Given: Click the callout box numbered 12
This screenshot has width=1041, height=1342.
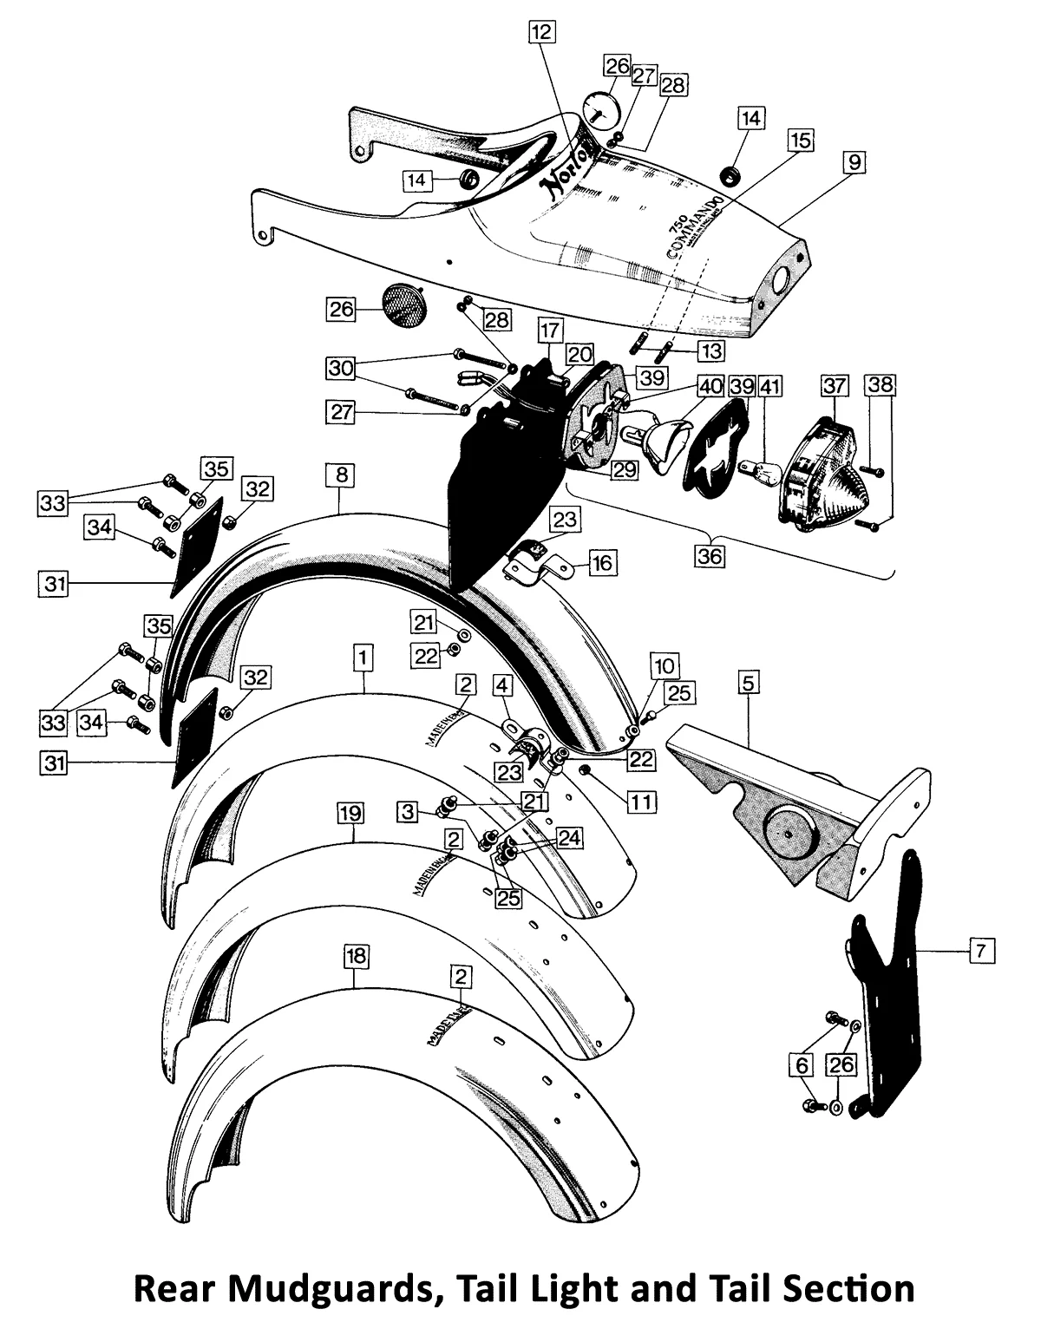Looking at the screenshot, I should click(541, 33).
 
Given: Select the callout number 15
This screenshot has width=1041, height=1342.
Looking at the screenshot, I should click(800, 141).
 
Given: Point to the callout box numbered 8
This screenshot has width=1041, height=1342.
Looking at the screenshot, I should click(340, 475).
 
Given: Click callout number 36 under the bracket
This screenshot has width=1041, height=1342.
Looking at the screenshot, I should click(709, 556).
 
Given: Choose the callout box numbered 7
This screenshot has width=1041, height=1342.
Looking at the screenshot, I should click(981, 952).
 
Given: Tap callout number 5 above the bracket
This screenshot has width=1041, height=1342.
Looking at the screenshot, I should click(749, 683).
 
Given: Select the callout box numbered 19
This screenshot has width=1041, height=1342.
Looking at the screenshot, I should click(350, 813).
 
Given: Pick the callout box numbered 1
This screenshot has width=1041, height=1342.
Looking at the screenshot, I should click(363, 658).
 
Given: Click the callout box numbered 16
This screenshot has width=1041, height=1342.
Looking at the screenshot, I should click(602, 563).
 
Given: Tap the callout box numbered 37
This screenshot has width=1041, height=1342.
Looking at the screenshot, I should click(835, 383).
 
